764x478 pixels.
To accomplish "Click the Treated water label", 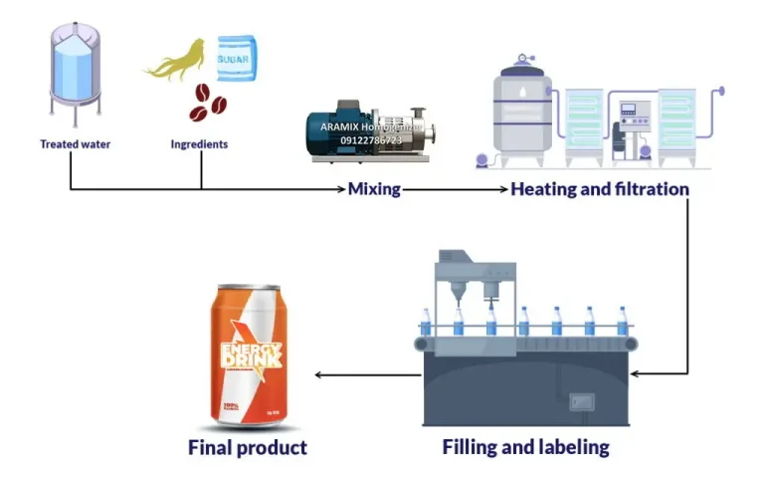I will [x=76, y=144].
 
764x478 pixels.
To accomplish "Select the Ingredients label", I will [x=199, y=144].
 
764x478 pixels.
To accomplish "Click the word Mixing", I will [x=373, y=189].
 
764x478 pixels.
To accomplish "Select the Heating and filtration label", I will [x=600, y=188].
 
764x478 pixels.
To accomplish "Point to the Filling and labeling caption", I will [x=525, y=447].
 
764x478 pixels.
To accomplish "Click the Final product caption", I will [x=248, y=447].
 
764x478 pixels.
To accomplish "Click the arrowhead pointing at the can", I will [x=318, y=374].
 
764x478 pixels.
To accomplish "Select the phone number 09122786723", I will [x=371, y=140].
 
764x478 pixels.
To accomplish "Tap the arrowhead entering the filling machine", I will [x=636, y=374].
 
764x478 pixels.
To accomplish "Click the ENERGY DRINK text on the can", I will [x=250, y=357].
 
